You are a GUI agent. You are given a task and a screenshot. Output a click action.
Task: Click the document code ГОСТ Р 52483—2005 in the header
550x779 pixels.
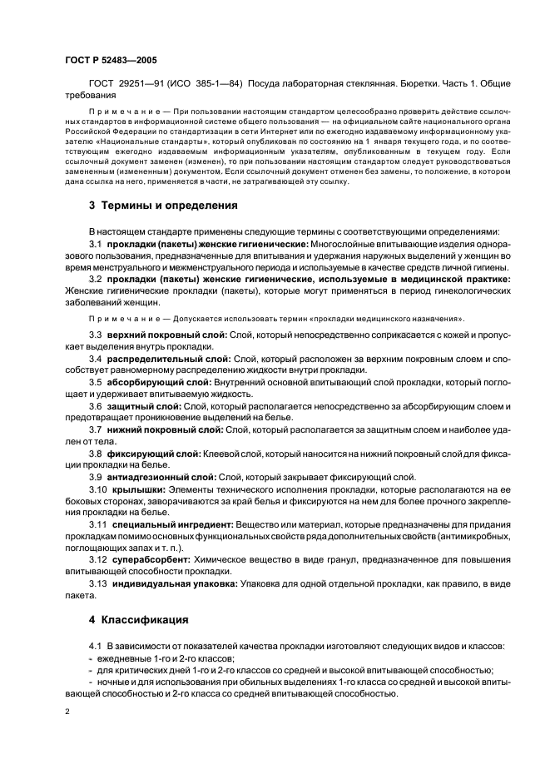[110, 60]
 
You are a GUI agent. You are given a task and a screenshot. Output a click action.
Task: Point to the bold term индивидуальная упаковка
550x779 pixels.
[172, 585]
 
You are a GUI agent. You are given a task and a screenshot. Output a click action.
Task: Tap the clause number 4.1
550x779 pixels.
[94, 647]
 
